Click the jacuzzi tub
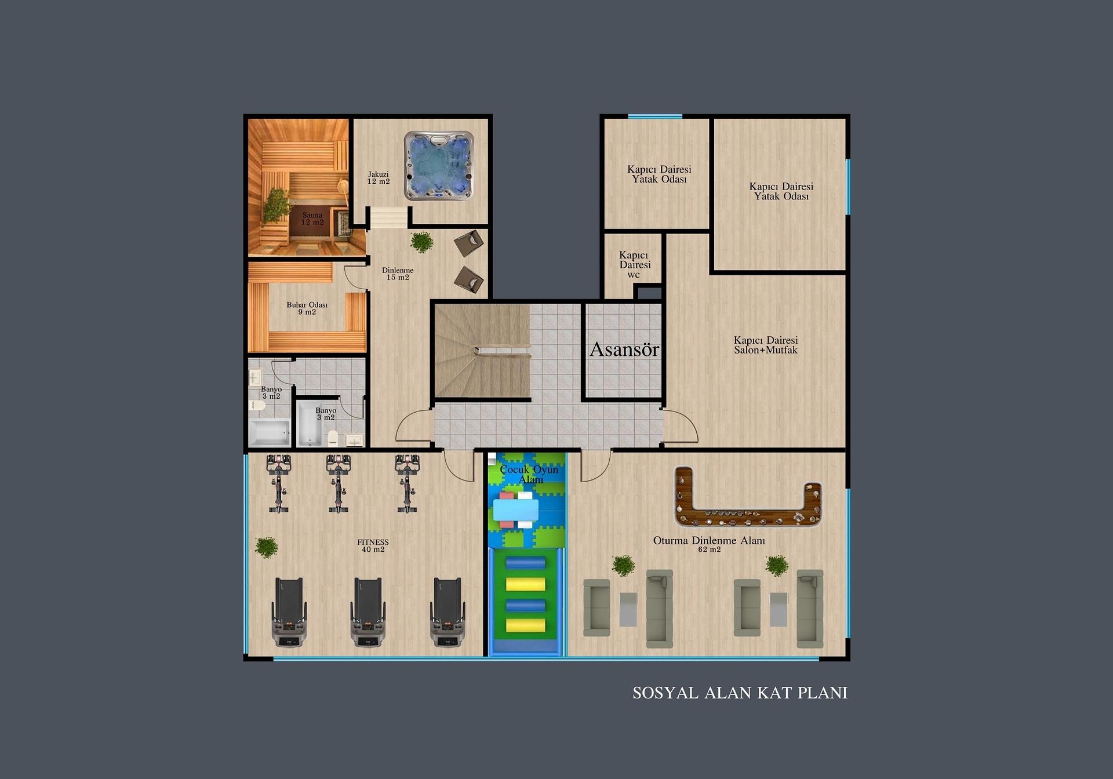[x=439, y=166]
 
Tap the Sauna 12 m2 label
[x=312, y=219]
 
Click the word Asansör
[x=624, y=350]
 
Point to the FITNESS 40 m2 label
[x=373, y=546]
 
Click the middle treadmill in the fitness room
[x=368, y=612]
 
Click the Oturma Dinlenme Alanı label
[x=709, y=541]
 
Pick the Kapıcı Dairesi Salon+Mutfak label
[x=766, y=345]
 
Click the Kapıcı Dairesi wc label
[x=634, y=264]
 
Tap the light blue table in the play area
[x=515, y=510]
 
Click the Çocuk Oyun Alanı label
[x=529, y=474]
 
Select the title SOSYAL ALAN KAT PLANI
[x=740, y=693]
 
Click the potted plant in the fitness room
[x=266, y=547]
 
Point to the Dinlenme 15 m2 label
[x=398, y=274]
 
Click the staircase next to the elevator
[x=482, y=351]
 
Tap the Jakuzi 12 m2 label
[x=379, y=178]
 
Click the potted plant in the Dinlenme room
[x=421, y=242]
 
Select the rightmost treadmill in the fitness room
[x=447, y=612]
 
